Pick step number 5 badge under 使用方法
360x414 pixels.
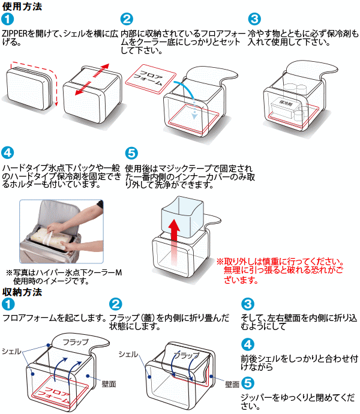(x=131, y=153)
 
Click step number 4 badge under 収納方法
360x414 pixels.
(x=248, y=344)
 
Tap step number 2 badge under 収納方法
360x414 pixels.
(x=117, y=304)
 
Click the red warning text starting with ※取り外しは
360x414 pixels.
(x=280, y=271)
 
